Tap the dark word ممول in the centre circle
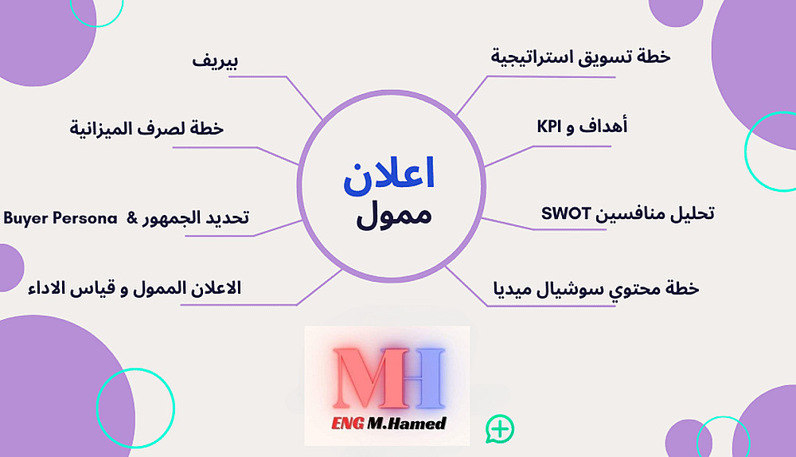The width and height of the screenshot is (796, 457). tap(394, 216)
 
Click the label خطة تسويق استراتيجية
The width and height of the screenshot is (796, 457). tap(580, 57)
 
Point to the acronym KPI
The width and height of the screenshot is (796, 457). tap(549, 127)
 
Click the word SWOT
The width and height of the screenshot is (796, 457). tap(566, 213)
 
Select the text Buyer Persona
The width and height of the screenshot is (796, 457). tap(60, 218)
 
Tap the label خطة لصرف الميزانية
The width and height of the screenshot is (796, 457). tap(146, 128)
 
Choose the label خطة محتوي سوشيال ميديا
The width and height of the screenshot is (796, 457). tap(596, 289)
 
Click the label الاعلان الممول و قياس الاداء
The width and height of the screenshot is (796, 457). tap(135, 288)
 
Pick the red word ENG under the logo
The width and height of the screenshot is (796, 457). tap(348, 423)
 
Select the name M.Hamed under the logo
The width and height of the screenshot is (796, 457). tap(407, 423)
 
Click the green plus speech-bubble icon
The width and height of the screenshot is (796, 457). tap(500, 429)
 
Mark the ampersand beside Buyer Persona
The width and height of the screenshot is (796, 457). tap(132, 218)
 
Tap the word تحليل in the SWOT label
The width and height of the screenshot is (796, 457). tap(693, 214)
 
